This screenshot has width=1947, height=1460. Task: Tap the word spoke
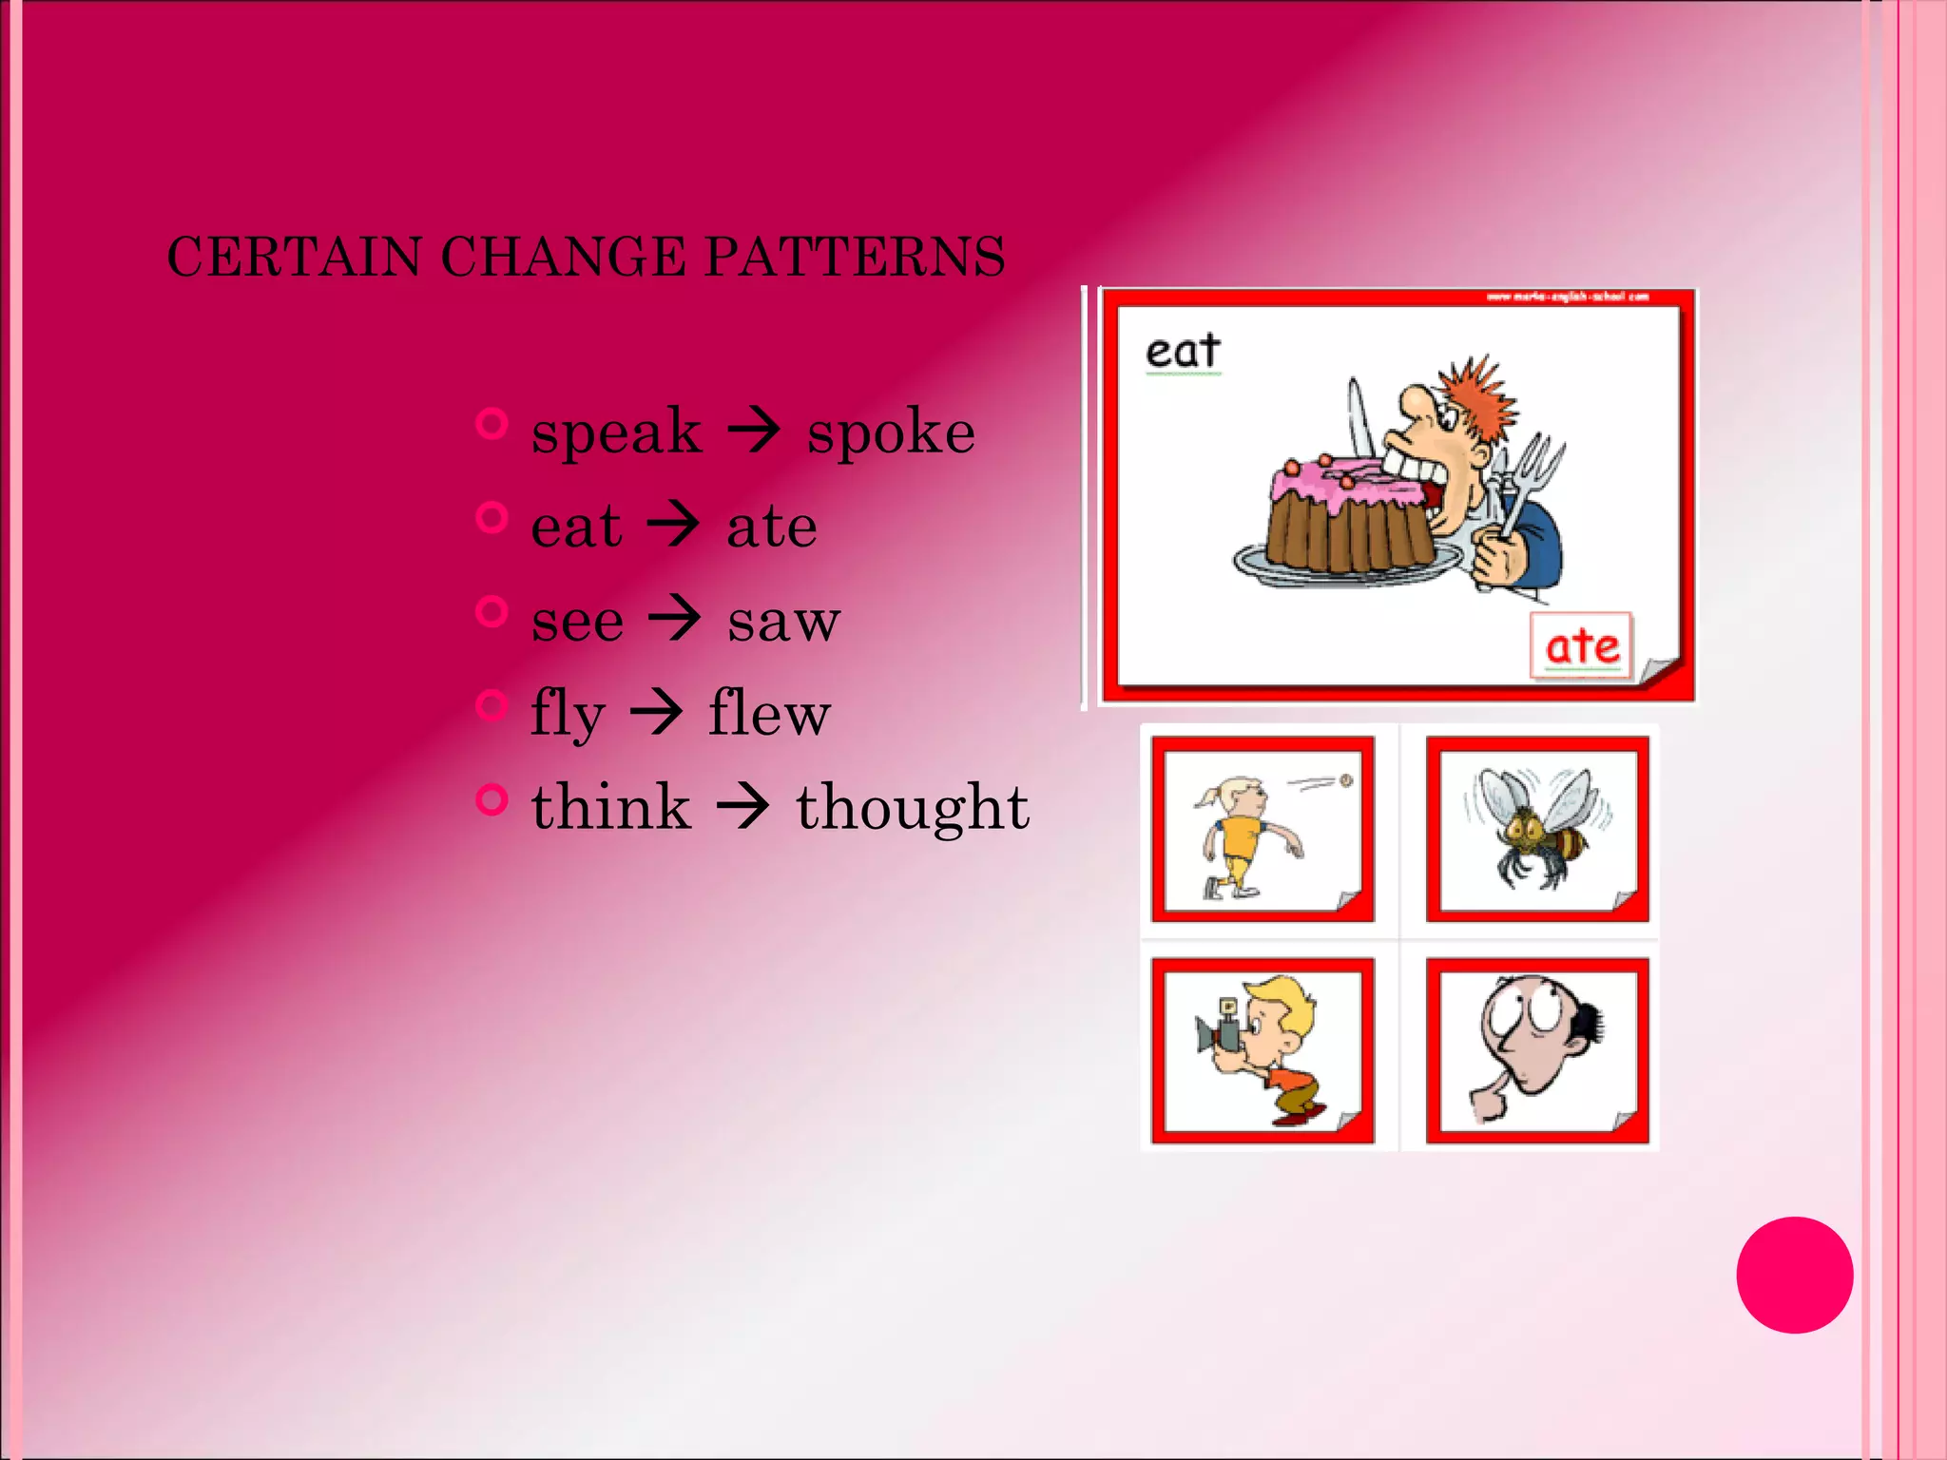pyautogui.click(x=891, y=432)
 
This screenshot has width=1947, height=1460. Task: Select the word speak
pyautogui.click(x=616, y=432)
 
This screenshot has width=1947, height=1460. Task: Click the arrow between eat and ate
pyautogui.click(x=674, y=524)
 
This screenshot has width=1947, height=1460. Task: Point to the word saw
pyautogui.click(x=783, y=622)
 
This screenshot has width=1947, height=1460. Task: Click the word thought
pyautogui.click(x=913, y=808)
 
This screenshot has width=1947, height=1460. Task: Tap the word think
pyautogui.click(x=610, y=808)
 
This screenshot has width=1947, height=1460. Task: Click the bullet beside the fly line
pyautogui.click(x=492, y=704)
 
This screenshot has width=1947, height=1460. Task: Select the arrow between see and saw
pyautogui.click(x=675, y=619)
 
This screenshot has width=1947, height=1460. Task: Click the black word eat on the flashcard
pyautogui.click(x=1183, y=352)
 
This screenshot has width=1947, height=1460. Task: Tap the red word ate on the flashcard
pyautogui.click(x=1582, y=647)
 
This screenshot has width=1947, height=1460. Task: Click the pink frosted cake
pyautogui.click(x=1350, y=513)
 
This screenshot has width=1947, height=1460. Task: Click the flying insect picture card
pyautogui.click(x=1537, y=829)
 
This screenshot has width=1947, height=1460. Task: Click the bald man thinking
pyautogui.click(x=1537, y=1049)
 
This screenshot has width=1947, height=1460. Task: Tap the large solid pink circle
pyautogui.click(x=1794, y=1275)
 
